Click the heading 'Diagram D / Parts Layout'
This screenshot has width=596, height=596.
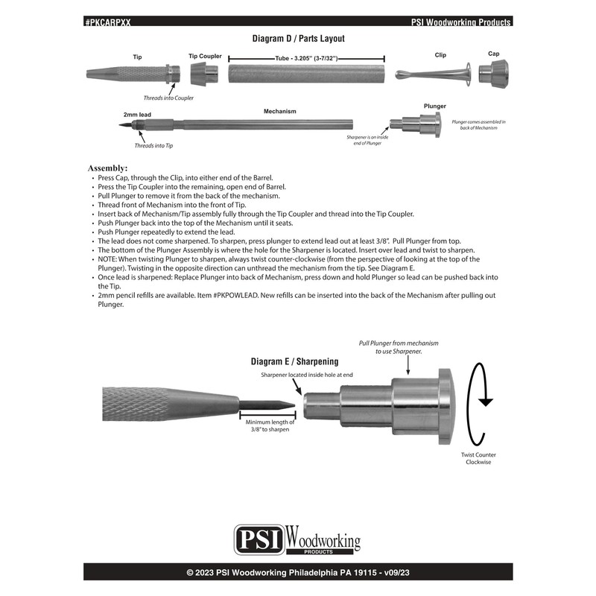coord(297,38)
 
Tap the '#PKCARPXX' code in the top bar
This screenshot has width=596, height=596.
coord(108,22)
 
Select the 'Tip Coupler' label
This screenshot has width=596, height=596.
coord(205,56)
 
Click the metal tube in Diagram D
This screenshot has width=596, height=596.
coord(306,75)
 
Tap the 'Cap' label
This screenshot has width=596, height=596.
coord(493,54)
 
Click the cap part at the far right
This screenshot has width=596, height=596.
coord(493,74)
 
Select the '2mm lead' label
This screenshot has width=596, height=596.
coord(138,115)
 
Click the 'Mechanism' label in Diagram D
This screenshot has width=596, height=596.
coord(280,112)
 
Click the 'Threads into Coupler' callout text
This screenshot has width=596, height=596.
coord(168,98)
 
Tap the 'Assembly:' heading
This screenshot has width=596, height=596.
coord(108,168)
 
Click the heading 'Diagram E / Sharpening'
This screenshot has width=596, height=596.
coord(294,362)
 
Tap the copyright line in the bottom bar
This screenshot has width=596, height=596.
coord(297,573)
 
